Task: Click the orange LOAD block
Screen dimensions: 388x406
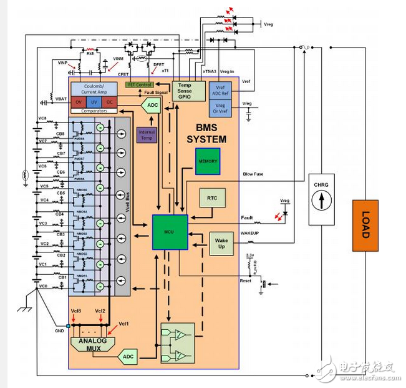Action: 365,226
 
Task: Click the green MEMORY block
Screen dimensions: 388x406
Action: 208,161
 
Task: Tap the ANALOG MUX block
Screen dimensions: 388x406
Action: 90,344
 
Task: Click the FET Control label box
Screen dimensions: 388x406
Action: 140,84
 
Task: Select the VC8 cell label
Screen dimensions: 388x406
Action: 42,118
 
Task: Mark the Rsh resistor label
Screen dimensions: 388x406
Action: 90,53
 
